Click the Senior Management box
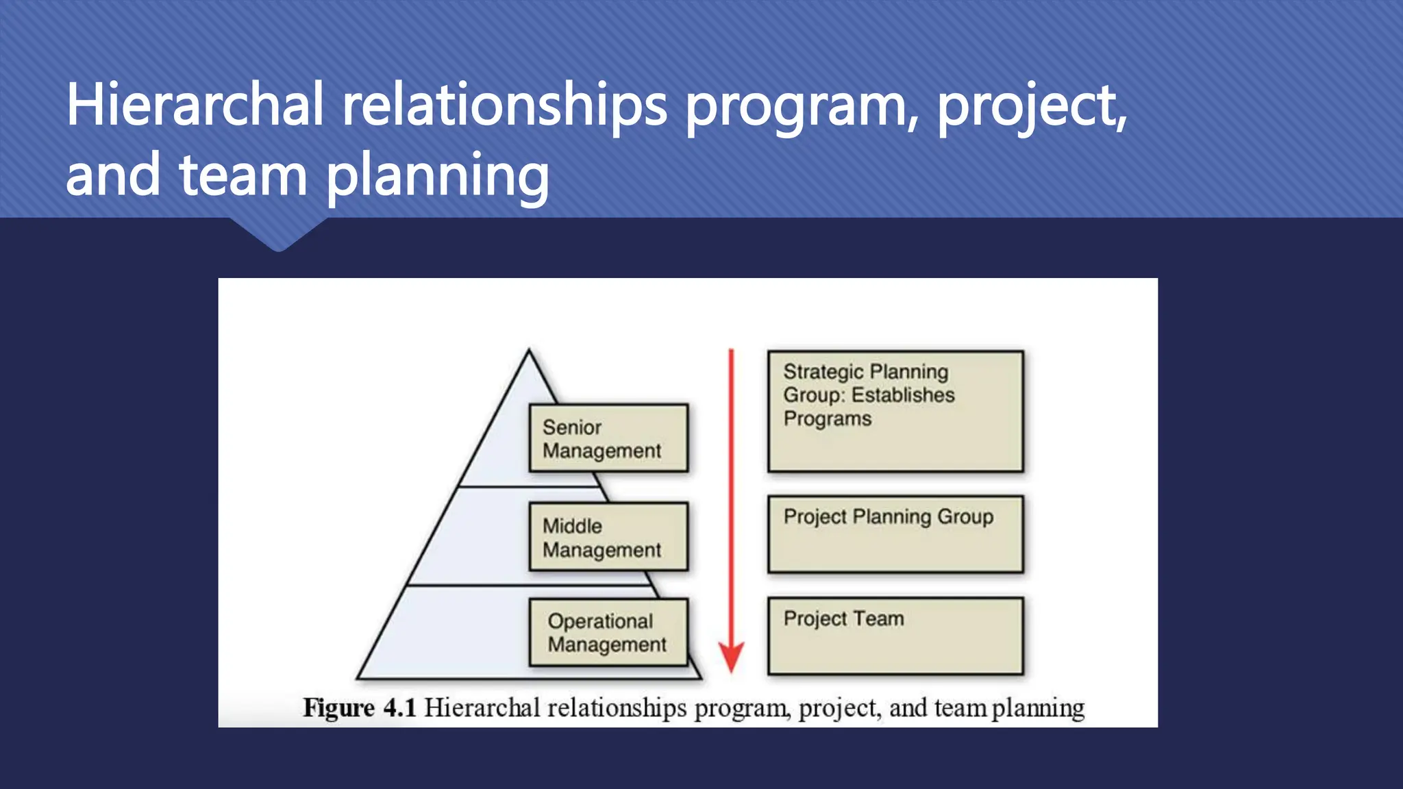(608, 438)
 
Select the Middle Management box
(608, 537)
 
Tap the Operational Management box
(608, 632)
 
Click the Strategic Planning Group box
(895, 412)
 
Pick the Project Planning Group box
(895, 534)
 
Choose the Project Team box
(895, 636)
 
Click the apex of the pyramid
(529, 351)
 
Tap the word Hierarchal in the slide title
(195, 105)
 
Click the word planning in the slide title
(437, 176)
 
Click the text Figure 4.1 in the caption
(360, 707)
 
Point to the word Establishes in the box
(903, 395)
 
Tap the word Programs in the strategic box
(828, 418)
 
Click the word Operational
(600, 621)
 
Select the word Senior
(572, 427)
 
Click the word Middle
(572, 526)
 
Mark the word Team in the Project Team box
(879, 618)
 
